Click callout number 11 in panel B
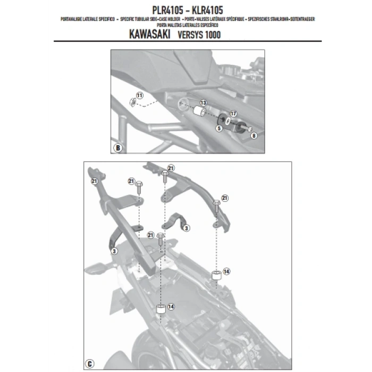point(140,95)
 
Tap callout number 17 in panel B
point(233,113)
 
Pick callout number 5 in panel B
point(219,128)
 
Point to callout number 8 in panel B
point(253,136)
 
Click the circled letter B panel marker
point(117,148)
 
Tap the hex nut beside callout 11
point(131,102)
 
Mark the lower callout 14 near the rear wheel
point(171,307)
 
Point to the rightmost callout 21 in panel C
point(224,198)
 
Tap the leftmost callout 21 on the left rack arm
point(94,181)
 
